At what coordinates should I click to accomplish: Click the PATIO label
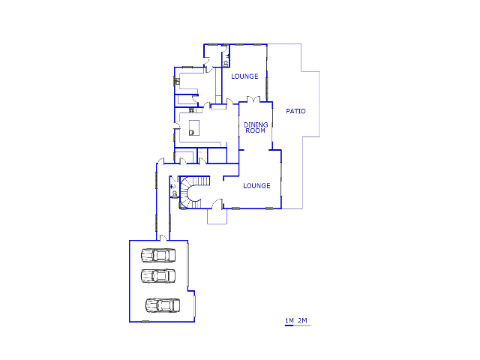[295, 111]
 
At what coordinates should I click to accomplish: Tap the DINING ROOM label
[256, 127]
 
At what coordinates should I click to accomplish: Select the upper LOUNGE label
[244, 76]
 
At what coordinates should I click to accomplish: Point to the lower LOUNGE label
[256, 186]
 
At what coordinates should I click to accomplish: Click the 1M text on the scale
[289, 320]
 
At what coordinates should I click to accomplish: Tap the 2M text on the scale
[302, 320]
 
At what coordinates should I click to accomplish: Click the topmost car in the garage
[158, 255]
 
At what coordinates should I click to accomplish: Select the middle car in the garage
[158, 276]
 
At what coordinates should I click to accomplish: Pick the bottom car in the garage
[163, 305]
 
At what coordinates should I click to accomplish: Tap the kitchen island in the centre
[194, 127]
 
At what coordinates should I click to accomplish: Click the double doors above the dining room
[253, 99]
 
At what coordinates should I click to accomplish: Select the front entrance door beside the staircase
[218, 204]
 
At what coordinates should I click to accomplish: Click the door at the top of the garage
[163, 238]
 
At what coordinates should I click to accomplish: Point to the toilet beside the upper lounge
[226, 64]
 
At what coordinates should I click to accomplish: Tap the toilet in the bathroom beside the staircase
[175, 193]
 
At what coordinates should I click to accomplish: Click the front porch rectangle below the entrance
[217, 217]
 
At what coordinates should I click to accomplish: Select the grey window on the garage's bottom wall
[145, 322]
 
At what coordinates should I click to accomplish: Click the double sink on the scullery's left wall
[177, 82]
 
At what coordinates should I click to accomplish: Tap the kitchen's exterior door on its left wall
[177, 126]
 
